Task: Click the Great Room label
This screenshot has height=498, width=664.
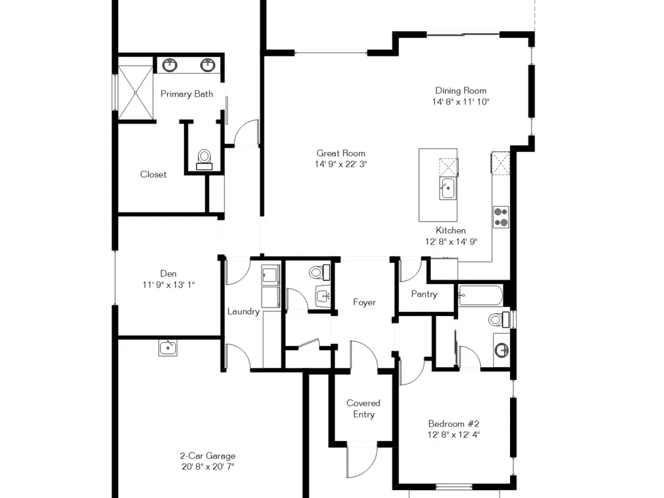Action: pos(341,153)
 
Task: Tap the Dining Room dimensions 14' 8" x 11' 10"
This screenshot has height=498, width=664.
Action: pos(461,102)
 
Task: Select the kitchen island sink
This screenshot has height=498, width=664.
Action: pos(447,189)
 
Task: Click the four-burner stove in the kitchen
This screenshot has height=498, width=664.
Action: pos(501,217)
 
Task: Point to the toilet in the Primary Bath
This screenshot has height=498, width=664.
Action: pos(205,159)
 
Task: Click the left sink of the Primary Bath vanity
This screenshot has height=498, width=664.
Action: pos(170,65)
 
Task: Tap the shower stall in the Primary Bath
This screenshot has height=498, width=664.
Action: pos(135,92)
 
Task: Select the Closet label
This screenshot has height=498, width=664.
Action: pos(153,175)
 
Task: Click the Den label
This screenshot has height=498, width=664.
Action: pos(168,274)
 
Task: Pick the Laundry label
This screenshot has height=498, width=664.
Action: pos(244,311)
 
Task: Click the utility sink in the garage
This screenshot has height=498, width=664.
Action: pos(168,348)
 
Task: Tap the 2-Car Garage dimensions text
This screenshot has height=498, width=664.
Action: pos(207,467)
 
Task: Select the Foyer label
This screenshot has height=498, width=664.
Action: pos(364,302)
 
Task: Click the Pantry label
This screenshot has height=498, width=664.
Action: pos(424,294)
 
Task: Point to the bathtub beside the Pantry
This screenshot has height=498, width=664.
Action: pos(481,295)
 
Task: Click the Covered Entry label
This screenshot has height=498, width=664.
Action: pos(363,408)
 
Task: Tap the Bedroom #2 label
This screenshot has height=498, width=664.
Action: pos(454,424)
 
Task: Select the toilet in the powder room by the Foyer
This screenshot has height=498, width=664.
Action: pos(319,272)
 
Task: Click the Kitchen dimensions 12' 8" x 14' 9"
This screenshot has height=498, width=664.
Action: pos(451,242)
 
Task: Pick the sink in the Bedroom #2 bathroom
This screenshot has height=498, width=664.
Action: pos(502,350)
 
